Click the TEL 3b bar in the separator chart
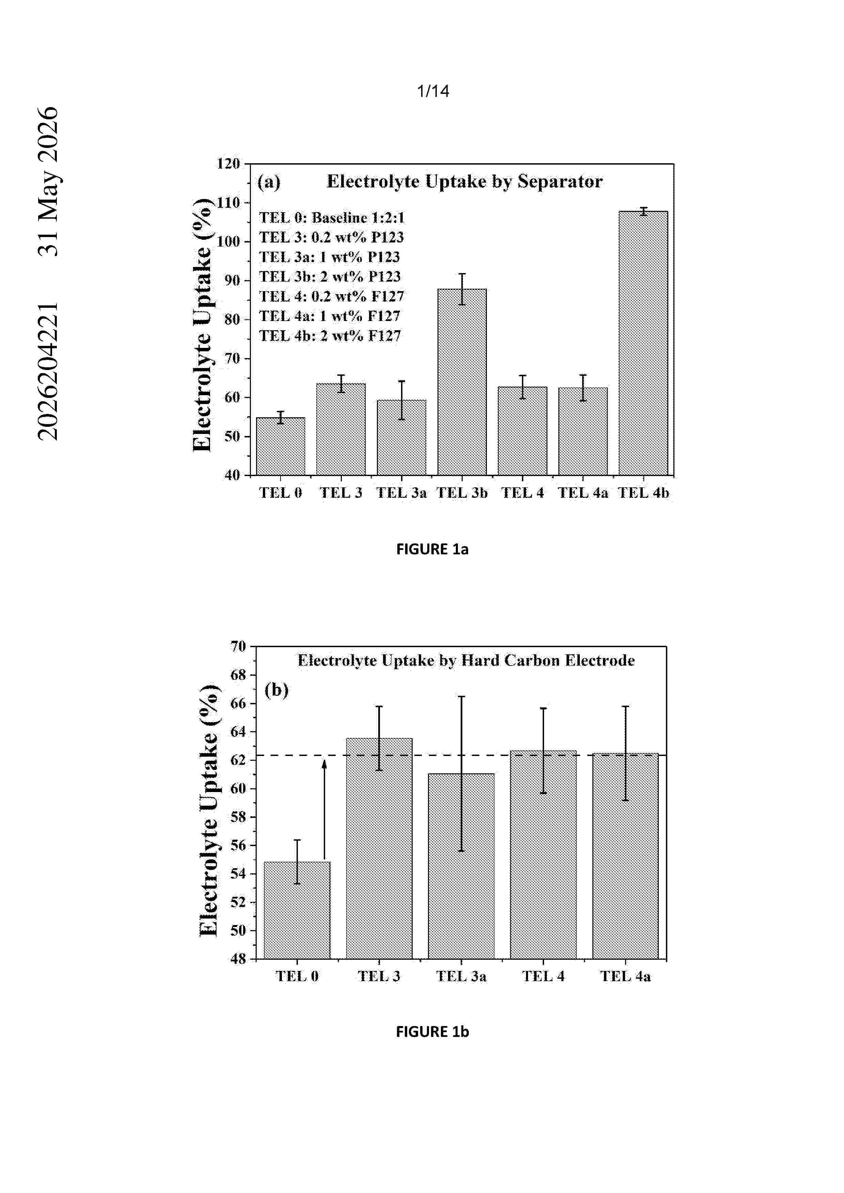click(462, 382)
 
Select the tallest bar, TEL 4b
click(643, 343)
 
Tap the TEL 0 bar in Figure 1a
click(281, 446)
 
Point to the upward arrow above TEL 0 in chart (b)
click(324, 809)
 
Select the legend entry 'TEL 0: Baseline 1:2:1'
click(332, 217)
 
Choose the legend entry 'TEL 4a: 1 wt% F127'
click(330, 316)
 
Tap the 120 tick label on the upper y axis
click(228, 164)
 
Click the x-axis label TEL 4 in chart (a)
click(522, 492)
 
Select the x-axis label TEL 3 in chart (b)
click(379, 976)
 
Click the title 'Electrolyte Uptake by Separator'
click(464, 181)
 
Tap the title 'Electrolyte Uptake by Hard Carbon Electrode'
click(466, 660)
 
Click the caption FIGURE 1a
click(432, 549)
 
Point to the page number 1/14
click(433, 91)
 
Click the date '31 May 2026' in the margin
click(48, 181)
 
